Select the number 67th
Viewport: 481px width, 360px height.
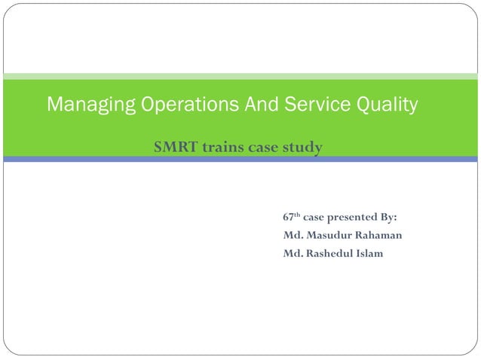pos(290,218)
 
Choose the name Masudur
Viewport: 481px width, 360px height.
pos(329,236)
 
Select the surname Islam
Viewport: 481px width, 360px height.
pos(370,253)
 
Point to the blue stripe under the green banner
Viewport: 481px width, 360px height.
pos(240,160)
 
